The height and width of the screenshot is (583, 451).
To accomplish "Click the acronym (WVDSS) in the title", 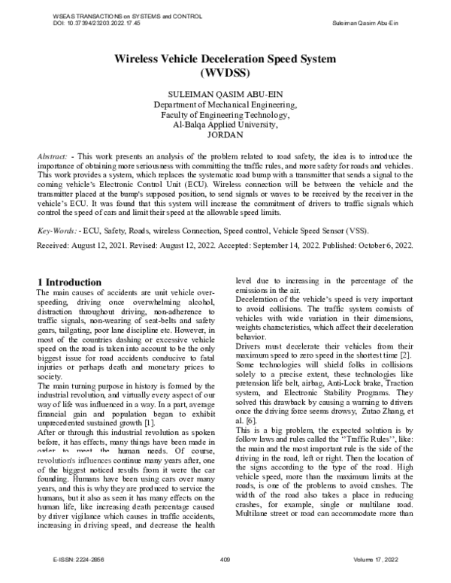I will [x=225, y=74].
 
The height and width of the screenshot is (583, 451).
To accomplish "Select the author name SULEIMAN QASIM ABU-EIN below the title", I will [x=225, y=94].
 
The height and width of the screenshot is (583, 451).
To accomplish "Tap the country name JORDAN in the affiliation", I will [x=225, y=135].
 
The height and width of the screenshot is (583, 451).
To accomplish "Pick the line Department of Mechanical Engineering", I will [x=225, y=104].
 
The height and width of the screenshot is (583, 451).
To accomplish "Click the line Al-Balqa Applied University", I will [x=225, y=125].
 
